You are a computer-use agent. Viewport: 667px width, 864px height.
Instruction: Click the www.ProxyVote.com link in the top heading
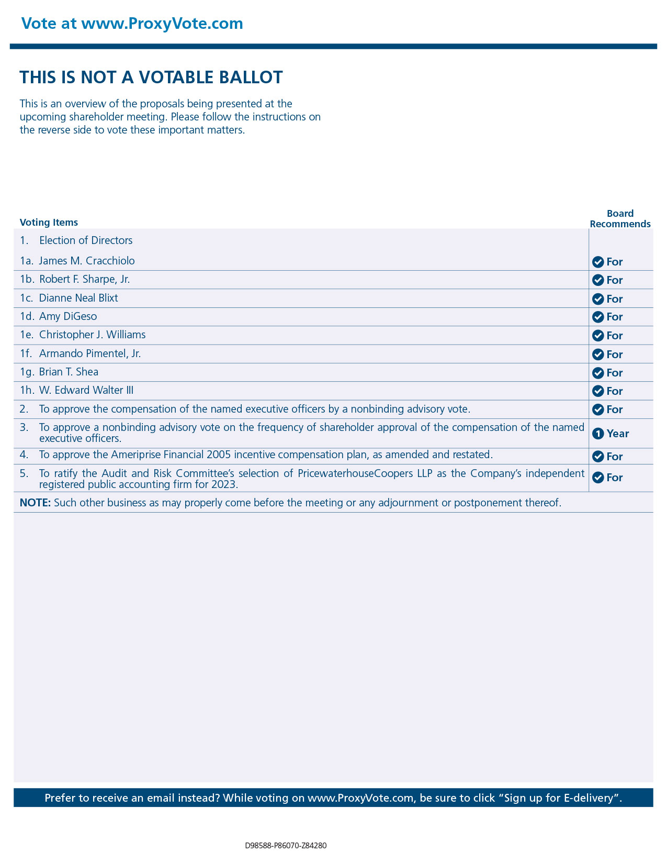162,24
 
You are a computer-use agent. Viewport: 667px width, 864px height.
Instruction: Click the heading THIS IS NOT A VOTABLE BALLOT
151,77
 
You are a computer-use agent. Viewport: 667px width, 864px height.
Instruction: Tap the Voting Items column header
49,223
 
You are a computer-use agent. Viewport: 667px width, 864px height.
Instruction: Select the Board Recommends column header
620,219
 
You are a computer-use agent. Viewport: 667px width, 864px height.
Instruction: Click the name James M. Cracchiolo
87,261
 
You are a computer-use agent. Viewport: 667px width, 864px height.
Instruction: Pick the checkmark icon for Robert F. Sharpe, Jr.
598,280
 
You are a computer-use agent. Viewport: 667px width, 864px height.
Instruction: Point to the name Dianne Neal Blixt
78,298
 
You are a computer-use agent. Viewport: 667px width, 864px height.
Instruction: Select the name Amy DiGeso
68,316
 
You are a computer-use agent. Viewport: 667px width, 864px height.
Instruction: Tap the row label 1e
27,335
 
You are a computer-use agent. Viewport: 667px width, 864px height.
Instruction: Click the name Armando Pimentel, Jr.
90,353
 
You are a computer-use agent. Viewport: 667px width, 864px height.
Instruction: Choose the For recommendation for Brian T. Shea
615,373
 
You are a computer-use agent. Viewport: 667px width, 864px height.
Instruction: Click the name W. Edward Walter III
86,390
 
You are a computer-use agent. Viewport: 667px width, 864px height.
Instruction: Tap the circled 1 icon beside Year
598,434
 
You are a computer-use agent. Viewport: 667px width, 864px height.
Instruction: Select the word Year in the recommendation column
618,434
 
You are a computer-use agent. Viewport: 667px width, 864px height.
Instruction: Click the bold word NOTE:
35,503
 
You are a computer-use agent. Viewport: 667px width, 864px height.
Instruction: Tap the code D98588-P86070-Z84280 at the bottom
286,846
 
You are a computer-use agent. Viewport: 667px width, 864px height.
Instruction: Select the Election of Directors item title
86,240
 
